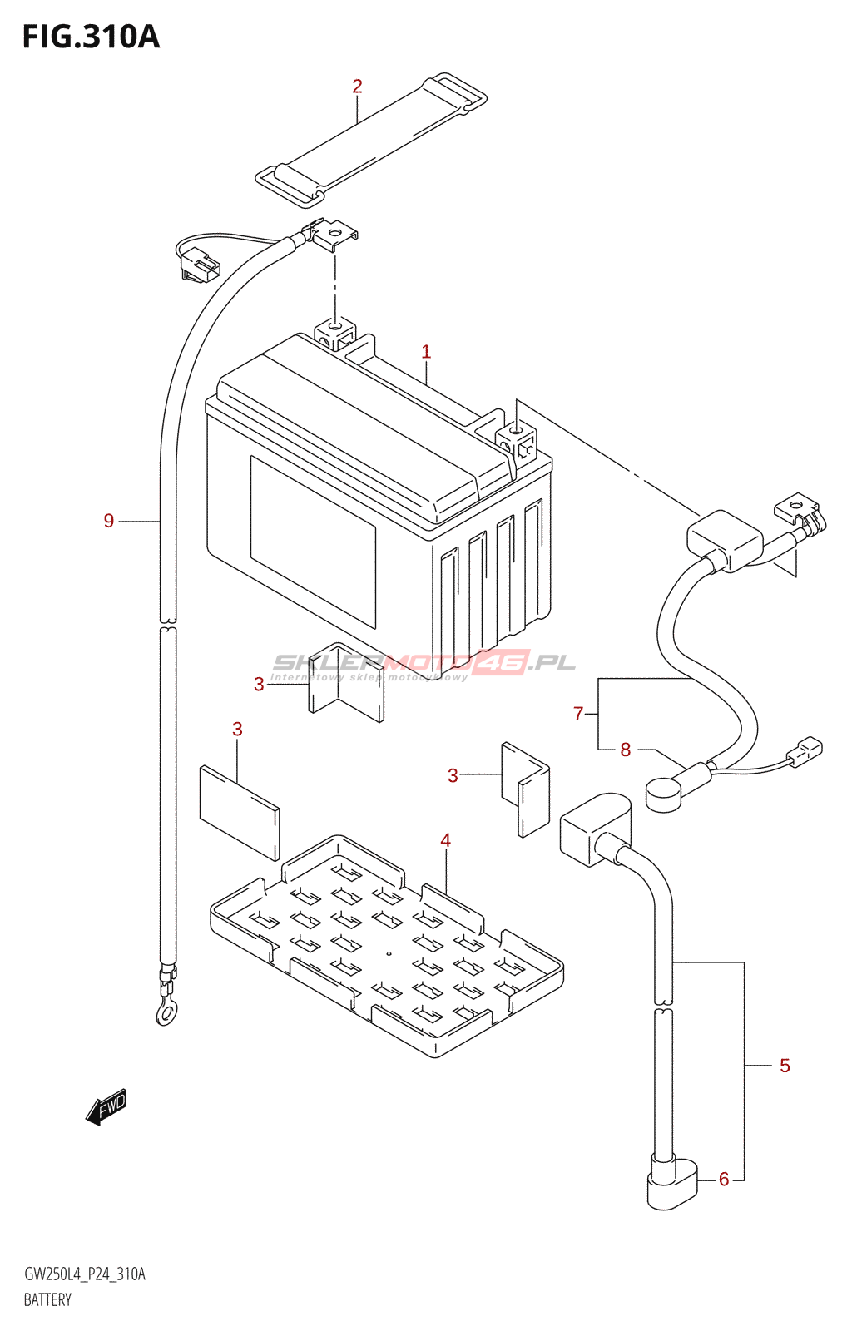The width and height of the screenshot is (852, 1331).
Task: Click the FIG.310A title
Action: [91, 37]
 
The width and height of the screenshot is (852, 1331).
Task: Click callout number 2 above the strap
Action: [357, 87]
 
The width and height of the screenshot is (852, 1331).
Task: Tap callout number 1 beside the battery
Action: [426, 352]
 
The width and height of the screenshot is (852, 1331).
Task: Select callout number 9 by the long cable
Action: [109, 521]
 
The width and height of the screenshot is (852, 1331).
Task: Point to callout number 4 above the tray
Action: [446, 841]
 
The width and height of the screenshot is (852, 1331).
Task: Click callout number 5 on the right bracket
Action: [785, 1066]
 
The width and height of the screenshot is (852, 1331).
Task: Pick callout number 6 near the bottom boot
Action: [724, 1179]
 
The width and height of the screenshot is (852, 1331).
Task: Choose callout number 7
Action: [578, 713]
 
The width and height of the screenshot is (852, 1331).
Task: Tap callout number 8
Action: [626, 750]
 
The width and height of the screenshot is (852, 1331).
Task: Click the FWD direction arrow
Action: [106, 1106]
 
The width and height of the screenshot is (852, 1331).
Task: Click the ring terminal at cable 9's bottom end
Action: [166, 1012]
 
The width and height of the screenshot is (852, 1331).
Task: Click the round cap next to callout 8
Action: [663, 794]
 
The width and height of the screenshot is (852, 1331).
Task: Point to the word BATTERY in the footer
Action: [47, 1300]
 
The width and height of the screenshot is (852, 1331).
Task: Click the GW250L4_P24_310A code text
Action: [85, 1274]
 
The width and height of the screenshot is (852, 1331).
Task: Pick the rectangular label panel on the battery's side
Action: [313, 541]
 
